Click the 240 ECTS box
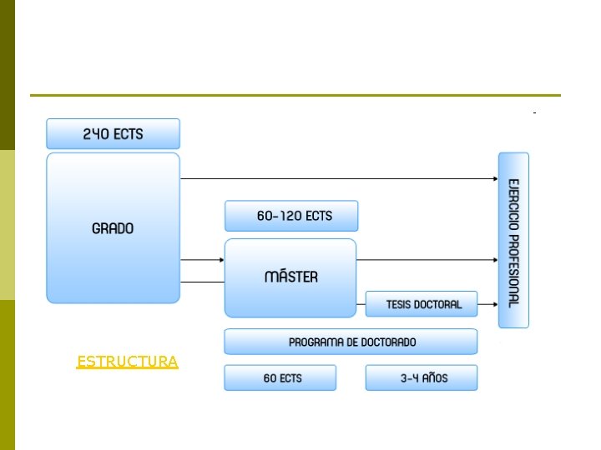[113, 133]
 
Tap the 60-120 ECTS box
[290, 216]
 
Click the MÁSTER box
[290, 277]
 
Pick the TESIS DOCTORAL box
[422, 304]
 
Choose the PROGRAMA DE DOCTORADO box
[351, 342]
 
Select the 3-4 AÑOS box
[422, 377]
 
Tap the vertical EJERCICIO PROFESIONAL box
[513, 240]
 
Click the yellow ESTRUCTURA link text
[127, 362]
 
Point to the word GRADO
[113, 227]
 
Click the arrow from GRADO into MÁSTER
[202, 260]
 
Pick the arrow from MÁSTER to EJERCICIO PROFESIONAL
[426, 260]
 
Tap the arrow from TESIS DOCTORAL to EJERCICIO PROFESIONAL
[488, 304]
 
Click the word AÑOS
[434, 377]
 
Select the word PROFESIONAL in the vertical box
[513, 271]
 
